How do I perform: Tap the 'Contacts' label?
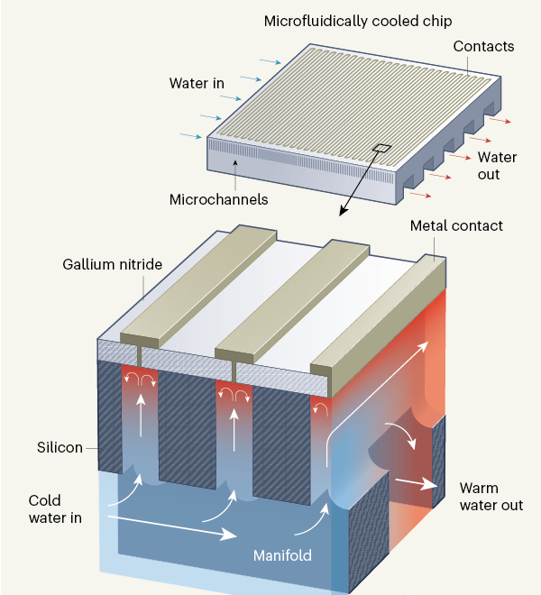click(x=484, y=45)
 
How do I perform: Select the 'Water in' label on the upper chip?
click(x=196, y=84)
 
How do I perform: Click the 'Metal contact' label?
click(x=456, y=225)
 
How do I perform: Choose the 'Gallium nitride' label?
click(x=113, y=265)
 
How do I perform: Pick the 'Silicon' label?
click(x=60, y=447)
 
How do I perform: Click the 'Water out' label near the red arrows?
click(x=497, y=166)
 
